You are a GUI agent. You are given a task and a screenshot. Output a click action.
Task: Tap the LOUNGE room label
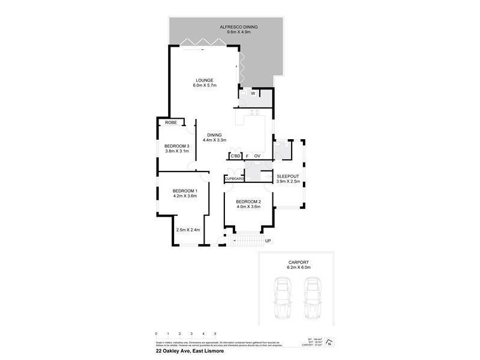click(204, 80)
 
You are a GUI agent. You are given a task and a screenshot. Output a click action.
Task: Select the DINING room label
click(214, 134)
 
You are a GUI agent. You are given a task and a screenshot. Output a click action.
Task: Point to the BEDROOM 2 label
click(247, 202)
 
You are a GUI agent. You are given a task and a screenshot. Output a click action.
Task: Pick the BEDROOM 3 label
click(177, 146)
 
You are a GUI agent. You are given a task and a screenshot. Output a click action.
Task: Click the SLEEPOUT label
click(287, 176)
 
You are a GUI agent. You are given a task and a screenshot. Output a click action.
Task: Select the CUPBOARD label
click(234, 179)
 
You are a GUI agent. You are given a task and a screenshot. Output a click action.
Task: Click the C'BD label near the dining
click(236, 157)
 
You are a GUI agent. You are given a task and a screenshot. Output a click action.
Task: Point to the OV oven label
click(257, 157)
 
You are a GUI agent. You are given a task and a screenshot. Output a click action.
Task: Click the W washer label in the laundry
click(253, 93)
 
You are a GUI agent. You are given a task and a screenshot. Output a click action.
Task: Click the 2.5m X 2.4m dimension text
click(187, 230)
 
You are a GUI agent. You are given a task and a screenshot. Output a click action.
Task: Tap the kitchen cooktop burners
click(254, 112)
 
